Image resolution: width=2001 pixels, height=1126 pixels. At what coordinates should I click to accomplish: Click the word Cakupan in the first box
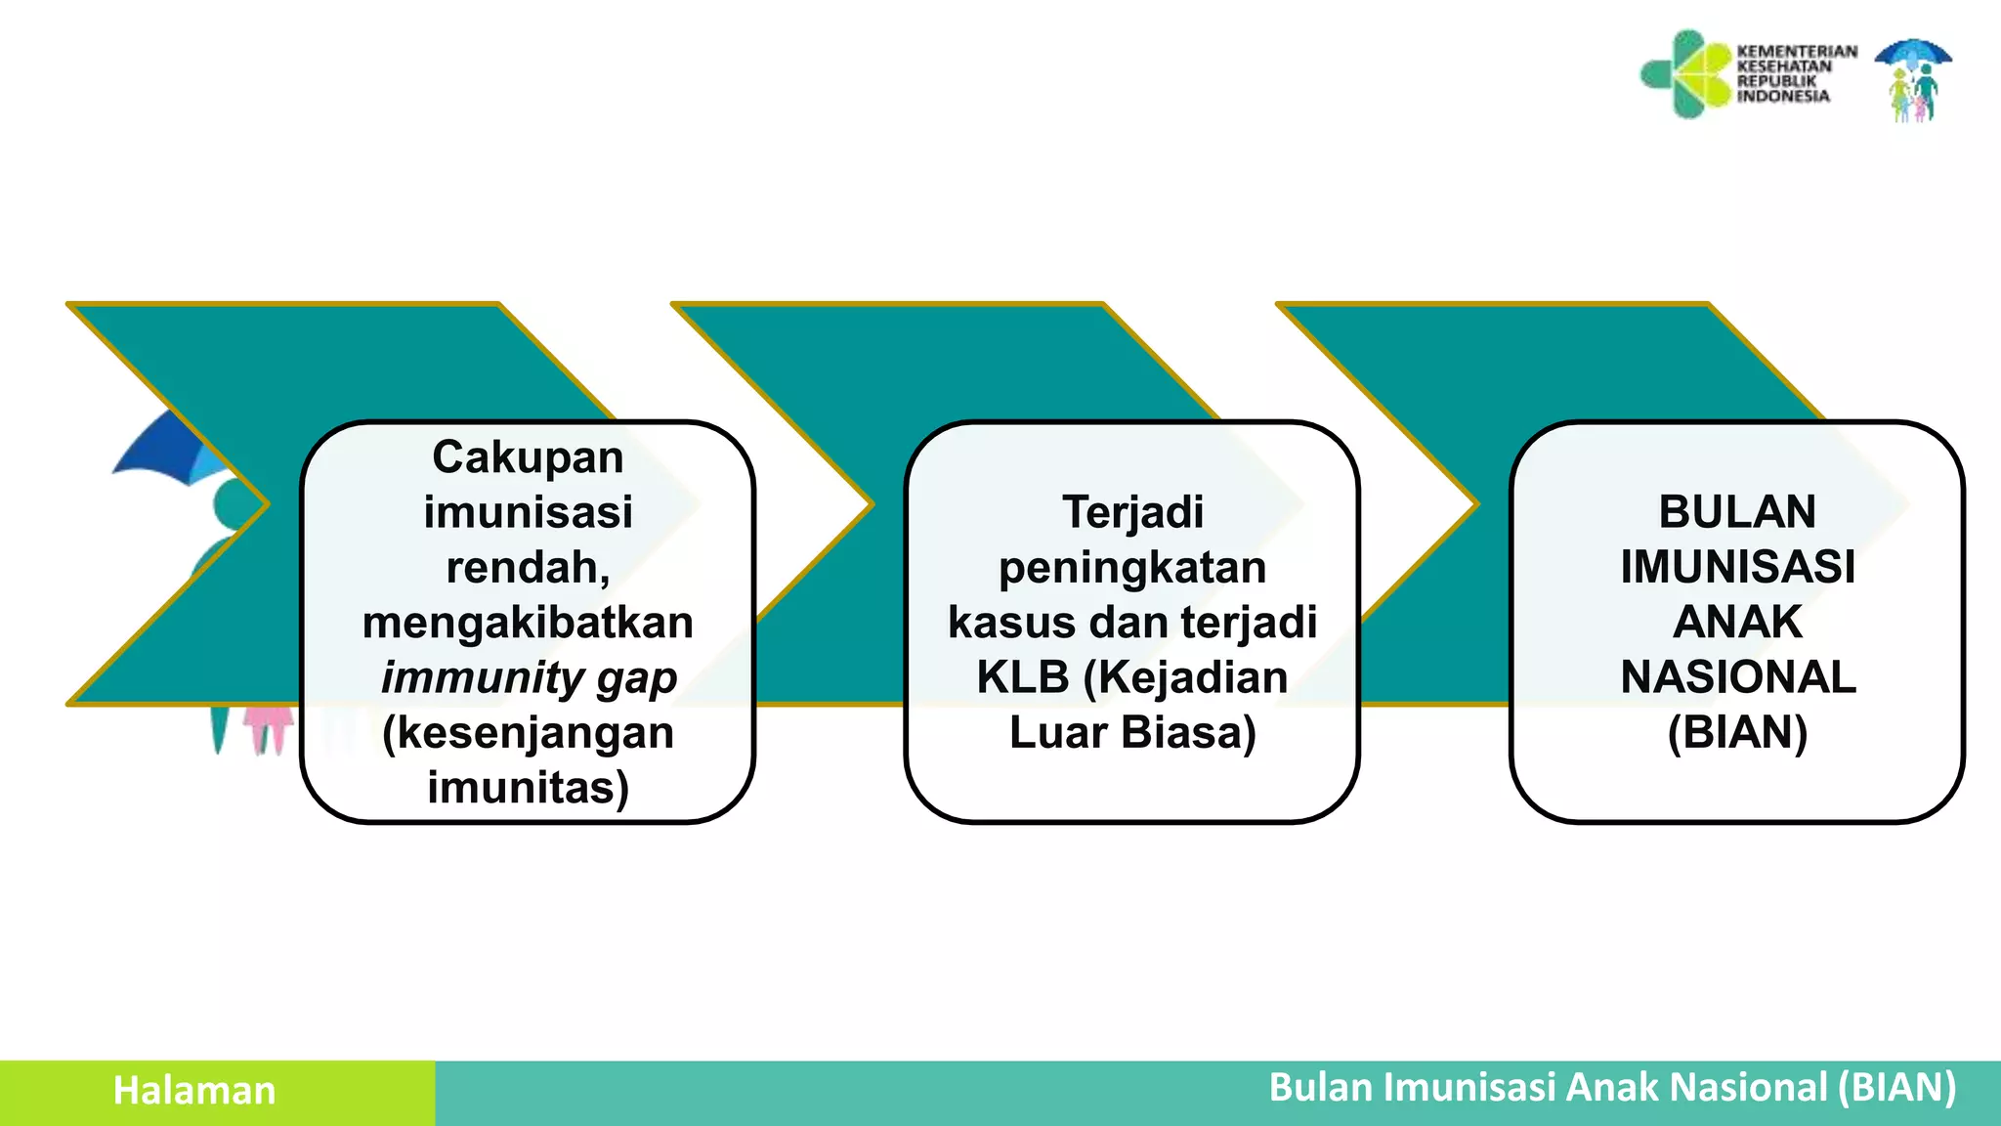click(x=528, y=457)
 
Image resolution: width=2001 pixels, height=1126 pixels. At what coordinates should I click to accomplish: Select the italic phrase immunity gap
click(x=529, y=678)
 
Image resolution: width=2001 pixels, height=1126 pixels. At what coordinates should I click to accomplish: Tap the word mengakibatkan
click(x=528, y=623)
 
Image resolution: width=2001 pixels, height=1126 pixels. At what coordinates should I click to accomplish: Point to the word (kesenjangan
click(x=528, y=733)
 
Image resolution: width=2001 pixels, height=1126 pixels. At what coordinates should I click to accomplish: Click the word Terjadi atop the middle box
click(x=1132, y=512)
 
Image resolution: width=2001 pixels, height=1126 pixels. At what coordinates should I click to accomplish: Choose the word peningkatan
click(x=1132, y=568)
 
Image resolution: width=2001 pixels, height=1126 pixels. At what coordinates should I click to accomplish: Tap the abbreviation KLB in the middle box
click(x=1022, y=678)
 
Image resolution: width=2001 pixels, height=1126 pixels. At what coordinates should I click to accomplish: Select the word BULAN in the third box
click(x=1737, y=512)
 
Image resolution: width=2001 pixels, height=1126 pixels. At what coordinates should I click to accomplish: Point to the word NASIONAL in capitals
click(x=1738, y=678)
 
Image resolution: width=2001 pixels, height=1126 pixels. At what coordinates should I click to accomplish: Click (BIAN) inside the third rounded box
click(x=1737, y=733)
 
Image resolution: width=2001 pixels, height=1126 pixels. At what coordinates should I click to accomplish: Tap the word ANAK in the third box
click(x=1737, y=623)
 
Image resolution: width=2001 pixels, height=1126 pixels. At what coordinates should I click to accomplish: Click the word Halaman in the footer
click(x=194, y=1091)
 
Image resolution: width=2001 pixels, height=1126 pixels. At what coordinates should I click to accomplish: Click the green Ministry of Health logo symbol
click(x=1686, y=74)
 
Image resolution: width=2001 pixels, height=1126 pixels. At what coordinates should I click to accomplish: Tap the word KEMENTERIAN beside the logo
click(x=1796, y=51)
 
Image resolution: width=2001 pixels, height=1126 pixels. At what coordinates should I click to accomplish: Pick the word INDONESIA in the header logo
click(x=1783, y=96)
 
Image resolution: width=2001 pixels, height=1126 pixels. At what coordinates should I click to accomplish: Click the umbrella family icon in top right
click(x=1913, y=80)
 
